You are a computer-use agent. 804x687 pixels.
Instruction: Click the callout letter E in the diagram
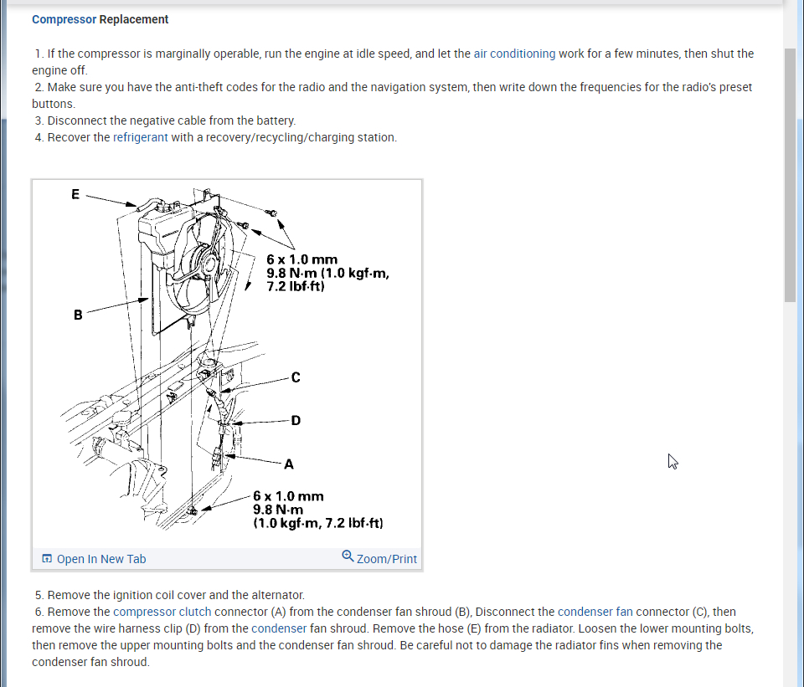pyautogui.click(x=75, y=194)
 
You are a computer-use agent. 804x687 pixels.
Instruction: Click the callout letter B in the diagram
pyautogui.click(x=78, y=315)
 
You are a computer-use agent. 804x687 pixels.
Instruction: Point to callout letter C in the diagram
pyautogui.click(x=295, y=377)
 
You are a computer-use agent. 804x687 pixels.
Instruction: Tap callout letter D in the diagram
pyautogui.click(x=295, y=420)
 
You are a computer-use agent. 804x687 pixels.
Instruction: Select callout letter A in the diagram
pyautogui.click(x=289, y=463)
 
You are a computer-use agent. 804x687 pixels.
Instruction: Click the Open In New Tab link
pyautogui.click(x=100, y=559)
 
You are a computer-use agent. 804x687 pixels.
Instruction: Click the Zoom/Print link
pyautogui.click(x=386, y=559)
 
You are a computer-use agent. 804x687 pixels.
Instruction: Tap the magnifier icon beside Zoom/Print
pyautogui.click(x=348, y=556)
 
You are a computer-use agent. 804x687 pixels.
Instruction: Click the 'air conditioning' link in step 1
pyautogui.click(x=514, y=54)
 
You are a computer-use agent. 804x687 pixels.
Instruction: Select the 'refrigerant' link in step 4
pyautogui.click(x=141, y=137)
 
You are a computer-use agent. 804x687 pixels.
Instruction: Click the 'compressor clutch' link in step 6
pyautogui.click(x=162, y=612)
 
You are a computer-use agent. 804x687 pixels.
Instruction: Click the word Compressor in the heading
pyautogui.click(x=64, y=19)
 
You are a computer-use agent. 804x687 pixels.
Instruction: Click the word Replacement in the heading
pyautogui.click(x=134, y=19)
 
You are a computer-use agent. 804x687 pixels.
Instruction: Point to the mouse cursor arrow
pyautogui.click(x=672, y=461)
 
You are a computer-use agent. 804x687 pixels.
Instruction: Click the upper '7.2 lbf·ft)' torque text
pyautogui.click(x=295, y=286)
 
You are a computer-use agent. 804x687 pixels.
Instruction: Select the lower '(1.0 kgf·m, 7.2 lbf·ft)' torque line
pyautogui.click(x=318, y=523)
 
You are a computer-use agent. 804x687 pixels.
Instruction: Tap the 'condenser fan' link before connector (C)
pyautogui.click(x=595, y=612)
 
